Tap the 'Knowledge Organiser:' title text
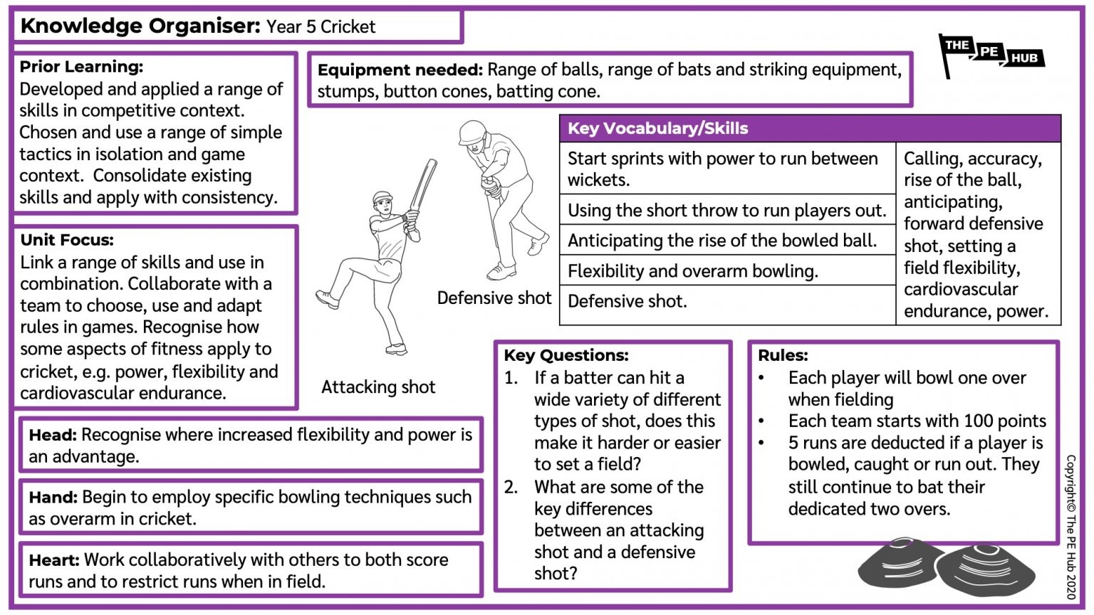[140, 26]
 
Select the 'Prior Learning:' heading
[81, 67]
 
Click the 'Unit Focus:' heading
[67, 240]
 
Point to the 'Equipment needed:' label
[400, 70]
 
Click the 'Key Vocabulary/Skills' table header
[657, 129]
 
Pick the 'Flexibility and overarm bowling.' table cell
[692, 271]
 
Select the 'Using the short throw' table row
[726, 211]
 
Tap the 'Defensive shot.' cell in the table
[627, 302]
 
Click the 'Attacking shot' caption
[377, 387]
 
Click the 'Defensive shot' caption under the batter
[494, 298]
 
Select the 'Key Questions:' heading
[566, 355]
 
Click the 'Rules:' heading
[783, 355]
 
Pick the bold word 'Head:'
[52, 435]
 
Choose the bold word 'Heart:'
[54, 560]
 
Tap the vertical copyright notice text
[1070, 527]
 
